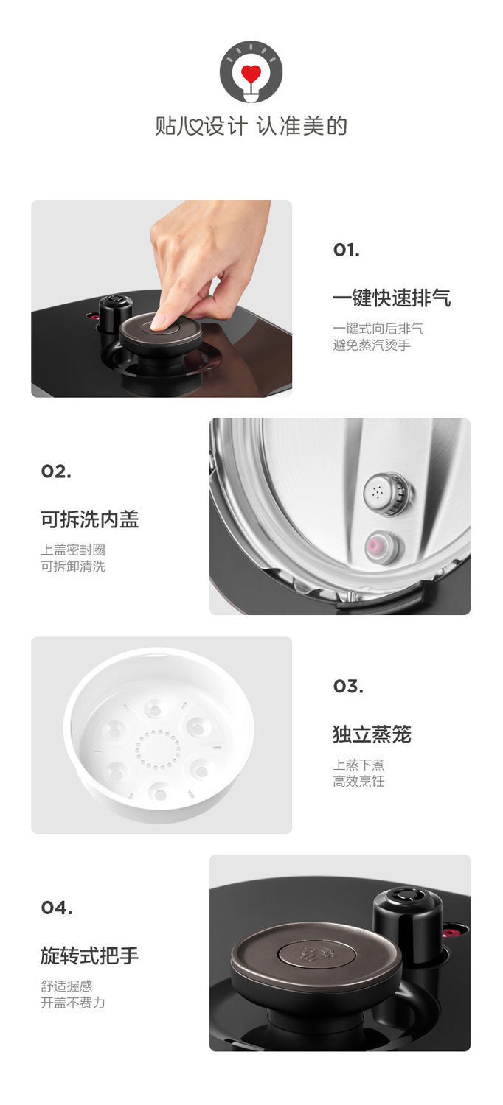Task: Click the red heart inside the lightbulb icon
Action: coord(251,74)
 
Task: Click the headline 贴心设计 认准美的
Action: coord(251,126)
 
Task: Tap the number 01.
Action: coord(346,250)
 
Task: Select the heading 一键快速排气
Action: coord(391,298)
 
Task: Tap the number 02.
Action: coord(56,471)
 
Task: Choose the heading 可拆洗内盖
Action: coord(89,519)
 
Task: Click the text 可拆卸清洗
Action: coord(73,566)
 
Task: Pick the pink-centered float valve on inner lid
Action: coord(381,547)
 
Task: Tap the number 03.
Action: coord(348,687)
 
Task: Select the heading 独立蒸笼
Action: coord(371,734)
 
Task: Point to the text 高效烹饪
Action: coord(358,781)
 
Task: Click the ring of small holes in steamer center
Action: coord(158,749)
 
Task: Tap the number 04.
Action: coord(57,908)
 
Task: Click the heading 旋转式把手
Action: coord(89,955)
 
